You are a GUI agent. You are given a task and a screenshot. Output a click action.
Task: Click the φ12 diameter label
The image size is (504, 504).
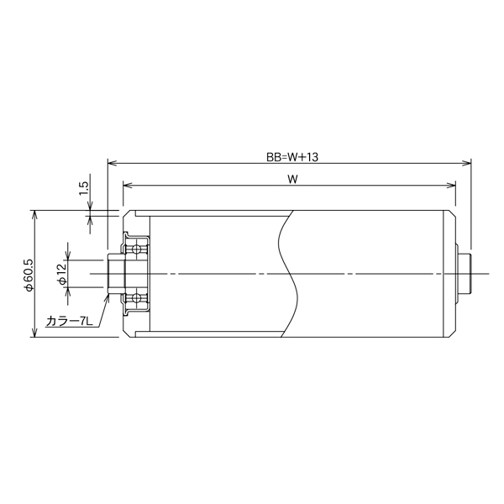click(61, 274)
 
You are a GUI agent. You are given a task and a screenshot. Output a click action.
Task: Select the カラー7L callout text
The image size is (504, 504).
click(70, 321)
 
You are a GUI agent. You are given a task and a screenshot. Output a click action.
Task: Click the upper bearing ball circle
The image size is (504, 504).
click(135, 249)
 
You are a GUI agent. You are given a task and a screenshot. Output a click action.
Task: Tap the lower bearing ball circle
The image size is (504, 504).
click(135, 298)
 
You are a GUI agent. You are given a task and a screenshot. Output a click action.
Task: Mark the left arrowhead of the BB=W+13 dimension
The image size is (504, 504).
click(111, 163)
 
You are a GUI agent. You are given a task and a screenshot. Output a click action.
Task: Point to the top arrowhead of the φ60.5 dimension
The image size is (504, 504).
click(34, 213)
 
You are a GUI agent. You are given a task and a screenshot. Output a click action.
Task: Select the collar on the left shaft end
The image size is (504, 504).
click(114, 274)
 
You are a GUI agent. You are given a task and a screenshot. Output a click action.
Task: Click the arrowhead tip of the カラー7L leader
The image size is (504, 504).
click(108, 293)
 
